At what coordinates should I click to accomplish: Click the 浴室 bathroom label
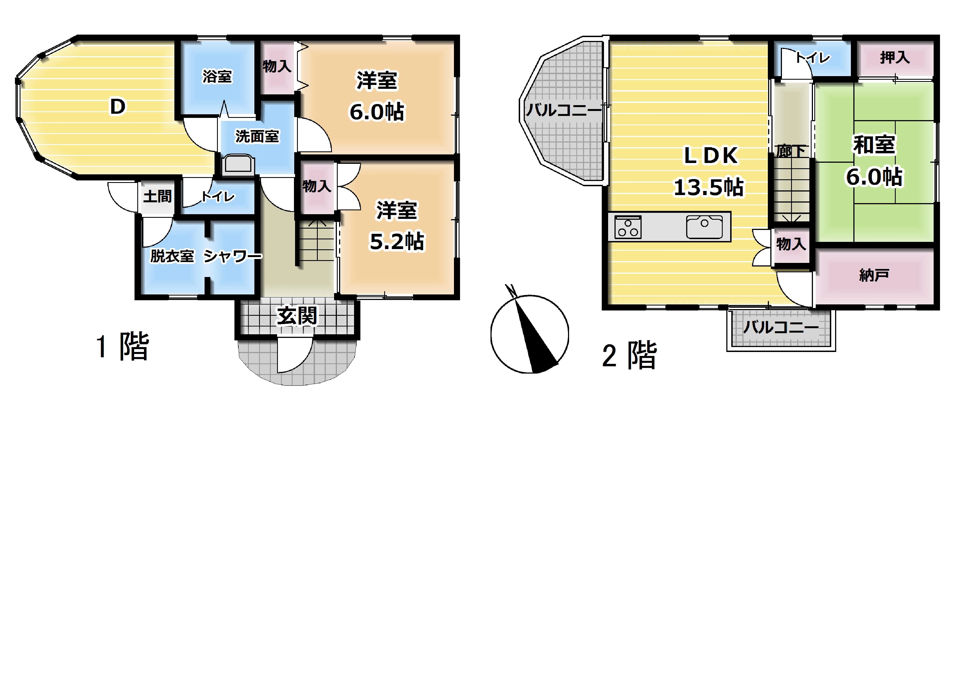pos(217,76)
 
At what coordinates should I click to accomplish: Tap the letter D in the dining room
pos(118,107)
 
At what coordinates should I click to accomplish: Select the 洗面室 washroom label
pos(257,136)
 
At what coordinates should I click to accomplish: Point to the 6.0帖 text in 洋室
pos(377,112)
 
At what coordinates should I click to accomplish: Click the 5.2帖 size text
pos(397,241)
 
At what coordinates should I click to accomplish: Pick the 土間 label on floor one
pos(157,196)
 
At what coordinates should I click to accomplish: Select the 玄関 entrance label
pos(297,316)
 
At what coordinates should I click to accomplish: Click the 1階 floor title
pos(123,346)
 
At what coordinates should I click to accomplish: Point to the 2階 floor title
pos(629,355)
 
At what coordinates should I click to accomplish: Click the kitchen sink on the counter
pos(704,227)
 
